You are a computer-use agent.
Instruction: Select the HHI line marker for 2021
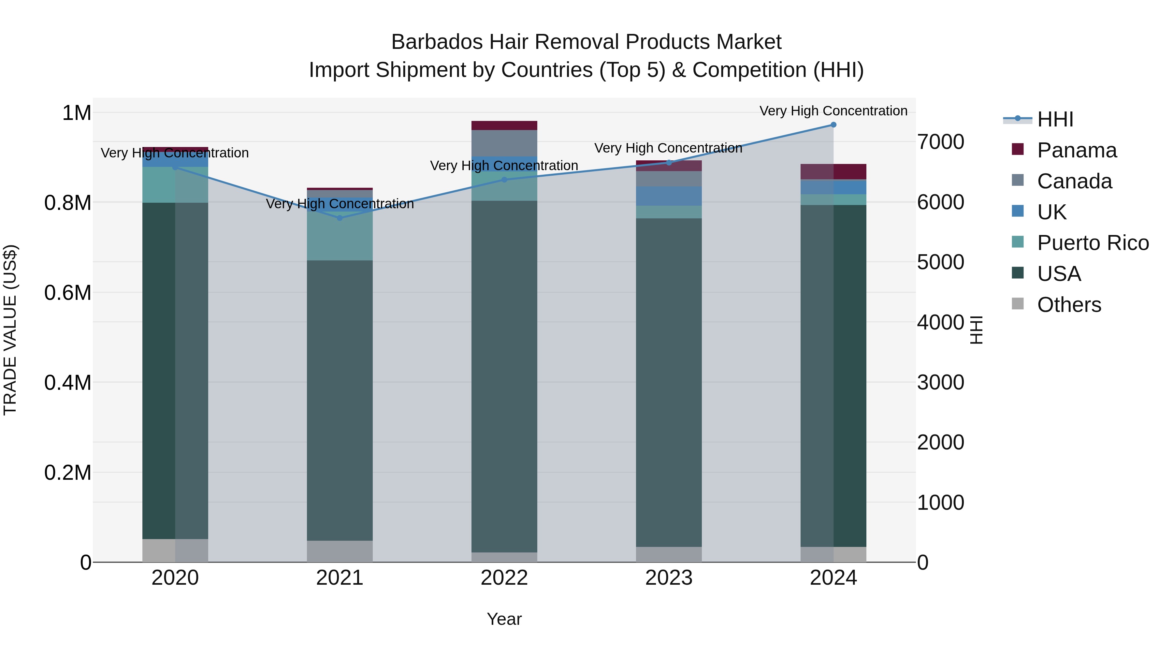340,218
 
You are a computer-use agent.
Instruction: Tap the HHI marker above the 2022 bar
504,180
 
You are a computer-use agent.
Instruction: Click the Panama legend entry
1077,150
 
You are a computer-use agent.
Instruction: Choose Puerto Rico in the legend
1093,243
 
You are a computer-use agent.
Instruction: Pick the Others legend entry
1069,305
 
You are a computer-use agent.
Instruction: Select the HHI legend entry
1055,119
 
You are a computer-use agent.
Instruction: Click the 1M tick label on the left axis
77,113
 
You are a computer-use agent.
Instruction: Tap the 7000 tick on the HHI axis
940,142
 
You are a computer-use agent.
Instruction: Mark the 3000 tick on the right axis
940,382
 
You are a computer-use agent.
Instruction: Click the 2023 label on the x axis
669,578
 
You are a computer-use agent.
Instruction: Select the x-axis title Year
504,619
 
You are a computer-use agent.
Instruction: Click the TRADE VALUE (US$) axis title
10,330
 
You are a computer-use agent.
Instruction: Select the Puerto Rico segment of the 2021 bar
340,237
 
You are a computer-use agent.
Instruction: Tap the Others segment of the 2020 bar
175,550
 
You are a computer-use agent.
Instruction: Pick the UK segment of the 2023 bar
669,196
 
